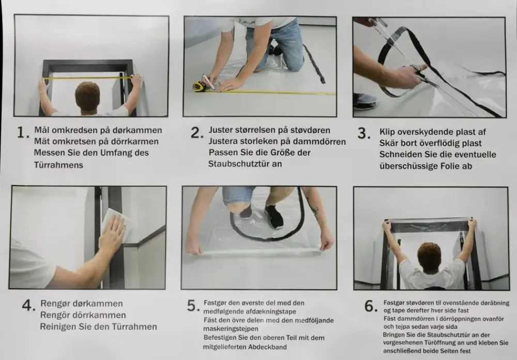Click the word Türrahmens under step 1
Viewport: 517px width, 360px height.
pyautogui.click(x=58, y=164)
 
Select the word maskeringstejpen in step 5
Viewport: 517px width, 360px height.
pyautogui.click(x=231, y=329)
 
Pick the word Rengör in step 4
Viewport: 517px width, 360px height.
pyautogui.click(x=55, y=315)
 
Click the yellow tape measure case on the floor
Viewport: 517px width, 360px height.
pyautogui.click(x=199, y=86)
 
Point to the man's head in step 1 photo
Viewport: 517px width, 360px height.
pyautogui.click(x=87, y=96)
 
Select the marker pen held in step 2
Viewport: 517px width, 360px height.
pyautogui.click(x=209, y=81)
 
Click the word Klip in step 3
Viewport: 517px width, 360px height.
pyautogui.click(x=387, y=132)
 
